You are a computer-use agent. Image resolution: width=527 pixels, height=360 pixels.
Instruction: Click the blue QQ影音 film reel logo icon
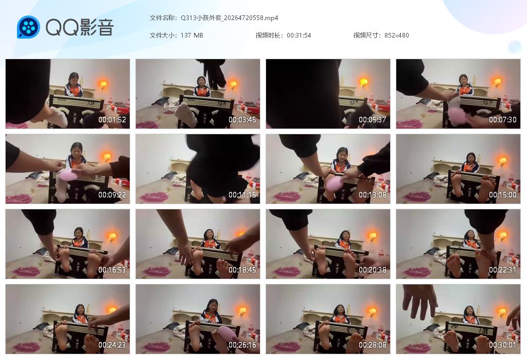(28, 27)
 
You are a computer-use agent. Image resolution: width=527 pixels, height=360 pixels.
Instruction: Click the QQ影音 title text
(79, 27)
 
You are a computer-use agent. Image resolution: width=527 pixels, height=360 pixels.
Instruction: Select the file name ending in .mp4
(230, 18)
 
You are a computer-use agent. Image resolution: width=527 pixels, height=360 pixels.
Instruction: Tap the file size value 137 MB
(192, 35)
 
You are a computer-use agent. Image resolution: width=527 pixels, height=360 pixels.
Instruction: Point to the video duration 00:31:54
(298, 35)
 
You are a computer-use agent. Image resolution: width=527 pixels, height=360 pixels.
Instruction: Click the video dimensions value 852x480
(396, 35)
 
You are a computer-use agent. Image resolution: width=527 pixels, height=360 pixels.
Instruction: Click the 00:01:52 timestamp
(112, 120)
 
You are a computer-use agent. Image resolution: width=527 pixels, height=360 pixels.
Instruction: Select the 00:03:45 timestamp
(242, 120)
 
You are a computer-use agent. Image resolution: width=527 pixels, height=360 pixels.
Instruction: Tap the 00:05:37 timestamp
(373, 120)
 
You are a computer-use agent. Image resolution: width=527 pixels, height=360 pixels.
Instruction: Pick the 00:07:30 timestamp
(503, 120)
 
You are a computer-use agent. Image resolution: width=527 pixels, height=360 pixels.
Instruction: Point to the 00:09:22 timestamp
(112, 195)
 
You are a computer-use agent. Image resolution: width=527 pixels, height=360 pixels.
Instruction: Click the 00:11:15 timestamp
(242, 195)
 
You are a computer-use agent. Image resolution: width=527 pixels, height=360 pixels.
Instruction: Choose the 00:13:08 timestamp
(373, 195)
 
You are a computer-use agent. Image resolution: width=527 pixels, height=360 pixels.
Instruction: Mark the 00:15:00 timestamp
(503, 195)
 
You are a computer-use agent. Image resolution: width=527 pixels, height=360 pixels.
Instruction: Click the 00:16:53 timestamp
(112, 270)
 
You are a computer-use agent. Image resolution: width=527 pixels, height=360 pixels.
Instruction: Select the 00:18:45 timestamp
(242, 270)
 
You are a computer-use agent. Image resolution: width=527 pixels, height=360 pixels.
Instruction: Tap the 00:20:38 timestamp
(373, 270)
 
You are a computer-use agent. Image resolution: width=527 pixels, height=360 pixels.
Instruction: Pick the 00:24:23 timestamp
(112, 345)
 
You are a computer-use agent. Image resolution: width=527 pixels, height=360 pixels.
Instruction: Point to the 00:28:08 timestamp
(373, 345)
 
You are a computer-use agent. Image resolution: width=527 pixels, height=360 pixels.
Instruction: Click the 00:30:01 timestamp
(503, 345)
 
